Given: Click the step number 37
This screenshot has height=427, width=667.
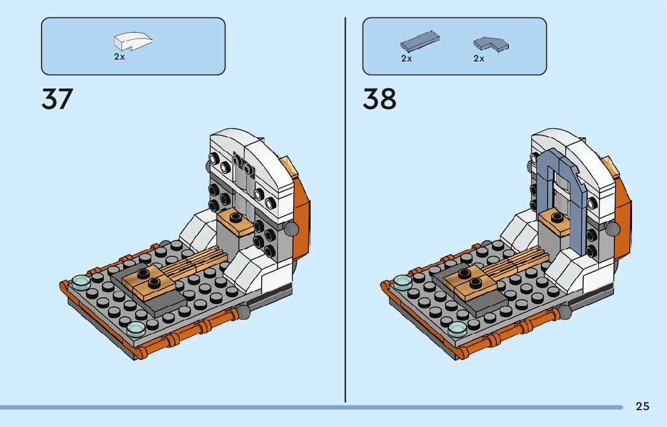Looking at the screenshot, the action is pos(57,99).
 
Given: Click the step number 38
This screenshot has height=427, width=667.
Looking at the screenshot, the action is pos(379,99).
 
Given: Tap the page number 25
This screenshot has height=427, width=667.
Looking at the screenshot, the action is pos(642,407).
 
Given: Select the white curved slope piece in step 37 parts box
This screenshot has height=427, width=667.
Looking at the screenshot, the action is pos(133,42).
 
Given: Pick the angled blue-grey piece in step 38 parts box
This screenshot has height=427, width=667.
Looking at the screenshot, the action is pos(491,43).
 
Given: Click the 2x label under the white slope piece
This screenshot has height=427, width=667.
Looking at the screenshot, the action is pos(119,57).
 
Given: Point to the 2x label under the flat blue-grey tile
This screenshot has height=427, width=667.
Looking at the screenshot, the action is pos(406,58).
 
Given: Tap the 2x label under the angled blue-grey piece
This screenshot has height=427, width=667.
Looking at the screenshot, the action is pos(479,58).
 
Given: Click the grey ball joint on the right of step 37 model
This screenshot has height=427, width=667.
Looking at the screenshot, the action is pos(291,228).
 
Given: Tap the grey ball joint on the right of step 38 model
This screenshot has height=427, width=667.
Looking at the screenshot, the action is pos(613,228).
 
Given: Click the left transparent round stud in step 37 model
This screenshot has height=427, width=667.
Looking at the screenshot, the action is pos(81,281).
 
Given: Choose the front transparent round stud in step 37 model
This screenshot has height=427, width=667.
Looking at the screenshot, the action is pos(136,329).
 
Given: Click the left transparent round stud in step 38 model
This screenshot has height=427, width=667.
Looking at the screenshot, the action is pos(402,281).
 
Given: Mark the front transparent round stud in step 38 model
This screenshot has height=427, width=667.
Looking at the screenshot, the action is pos(457,329).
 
